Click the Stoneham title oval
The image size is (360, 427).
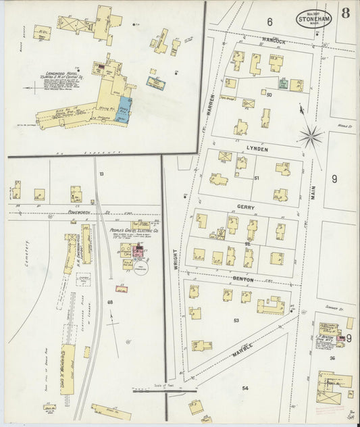pos(314,18)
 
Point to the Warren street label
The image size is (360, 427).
pos(211,107)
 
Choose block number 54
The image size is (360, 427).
pos(245,388)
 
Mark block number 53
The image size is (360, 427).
pos(236,320)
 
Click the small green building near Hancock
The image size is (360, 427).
pos(284,84)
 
